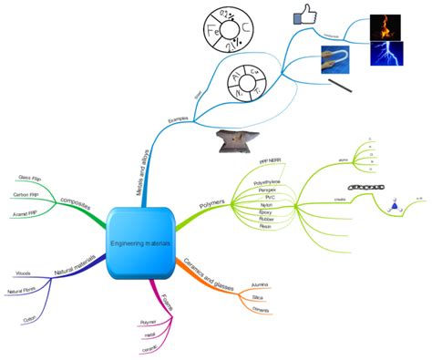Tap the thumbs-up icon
click(304, 15)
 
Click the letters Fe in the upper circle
click(217, 30)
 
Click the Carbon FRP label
click(26, 195)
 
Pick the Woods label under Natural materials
click(23, 273)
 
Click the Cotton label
click(32, 320)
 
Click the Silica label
click(259, 297)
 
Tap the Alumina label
click(260, 284)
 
